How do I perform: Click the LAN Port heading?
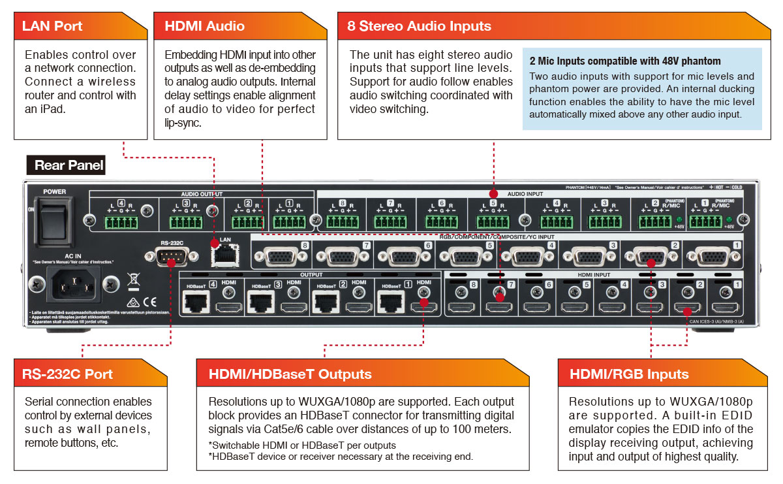pyautogui.click(x=52, y=27)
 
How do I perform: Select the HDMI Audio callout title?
pyautogui.click(x=205, y=27)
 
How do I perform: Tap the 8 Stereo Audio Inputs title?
pyautogui.click(x=419, y=27)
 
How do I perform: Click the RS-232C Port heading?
pyautogui.click(x=67, y=374)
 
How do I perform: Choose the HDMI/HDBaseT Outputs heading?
pyautogui.click(x=290, y=374)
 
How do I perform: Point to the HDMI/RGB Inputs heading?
pyautogui.click(x=629, y=374)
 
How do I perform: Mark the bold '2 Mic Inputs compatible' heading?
pyautogui.click(x=625, y=61)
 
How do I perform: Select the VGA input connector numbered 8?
pyautogui.click(x=278, y=256)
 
